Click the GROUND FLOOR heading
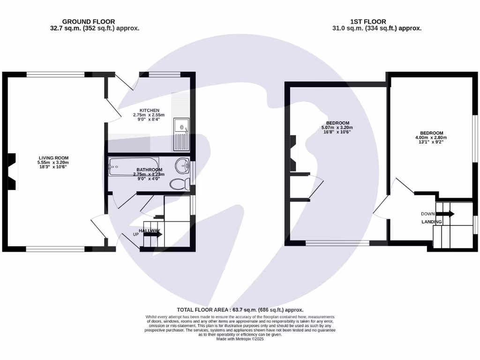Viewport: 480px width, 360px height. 88,21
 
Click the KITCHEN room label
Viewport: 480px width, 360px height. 139,110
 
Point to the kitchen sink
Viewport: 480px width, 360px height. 181,134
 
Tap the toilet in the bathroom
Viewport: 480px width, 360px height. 179,184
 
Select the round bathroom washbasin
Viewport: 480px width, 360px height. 183,165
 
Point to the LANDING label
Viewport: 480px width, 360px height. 431,221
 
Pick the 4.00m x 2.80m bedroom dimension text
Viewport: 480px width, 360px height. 431,137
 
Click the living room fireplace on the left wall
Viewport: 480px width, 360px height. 12,172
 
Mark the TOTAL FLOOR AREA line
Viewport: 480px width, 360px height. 240,310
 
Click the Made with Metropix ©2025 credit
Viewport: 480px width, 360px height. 240,339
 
